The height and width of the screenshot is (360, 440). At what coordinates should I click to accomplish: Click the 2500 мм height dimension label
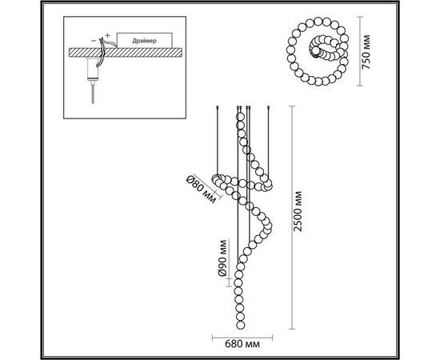click(298, 211)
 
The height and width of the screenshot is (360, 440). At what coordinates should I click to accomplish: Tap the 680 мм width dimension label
click(242, 344)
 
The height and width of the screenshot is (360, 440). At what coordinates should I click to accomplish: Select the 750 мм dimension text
click(366, 52)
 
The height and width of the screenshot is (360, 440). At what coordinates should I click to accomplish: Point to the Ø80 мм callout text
click(202, 189)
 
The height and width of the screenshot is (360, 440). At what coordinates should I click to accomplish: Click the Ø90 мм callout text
click(222, 258)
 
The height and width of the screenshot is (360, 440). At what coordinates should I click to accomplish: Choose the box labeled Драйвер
click(144, 41)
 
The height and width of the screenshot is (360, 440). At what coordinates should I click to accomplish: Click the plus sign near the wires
click(107, 35)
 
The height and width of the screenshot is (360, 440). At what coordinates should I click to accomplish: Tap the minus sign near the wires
click(94, 41)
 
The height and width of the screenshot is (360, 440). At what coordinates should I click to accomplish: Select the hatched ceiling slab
click(126, 53)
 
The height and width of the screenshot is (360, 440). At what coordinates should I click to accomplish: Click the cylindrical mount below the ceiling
click(93, 69)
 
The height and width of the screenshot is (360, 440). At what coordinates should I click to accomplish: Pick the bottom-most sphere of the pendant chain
click(241, 326)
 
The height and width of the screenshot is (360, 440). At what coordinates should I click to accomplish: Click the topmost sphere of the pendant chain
click(241, 117)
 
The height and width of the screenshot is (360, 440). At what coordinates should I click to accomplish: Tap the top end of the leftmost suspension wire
click(218, 106)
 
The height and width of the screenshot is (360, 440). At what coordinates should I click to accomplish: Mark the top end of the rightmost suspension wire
click(269, 106)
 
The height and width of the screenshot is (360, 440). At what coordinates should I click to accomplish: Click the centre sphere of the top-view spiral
click(316, 51)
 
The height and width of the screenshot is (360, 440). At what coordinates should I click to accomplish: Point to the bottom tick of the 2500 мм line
click(292, 329)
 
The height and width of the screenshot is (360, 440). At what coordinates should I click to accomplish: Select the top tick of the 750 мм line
click(360, 17)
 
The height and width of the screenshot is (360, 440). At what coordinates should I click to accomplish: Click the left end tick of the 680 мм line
click(213, 338)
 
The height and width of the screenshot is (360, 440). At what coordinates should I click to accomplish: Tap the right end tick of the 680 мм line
click(272, 338)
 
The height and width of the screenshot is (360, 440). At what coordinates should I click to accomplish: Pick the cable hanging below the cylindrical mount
click(93, 93)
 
